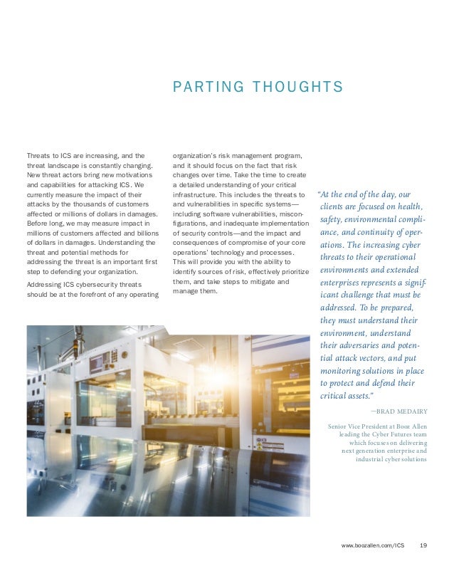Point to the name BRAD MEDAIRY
click(x=398, y=411)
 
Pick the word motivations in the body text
click(x=135, y=174)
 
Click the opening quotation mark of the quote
click(x=320, y=194)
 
